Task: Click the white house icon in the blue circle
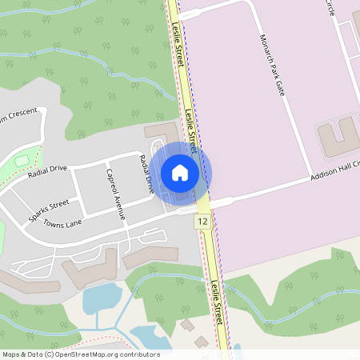[180, 172]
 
